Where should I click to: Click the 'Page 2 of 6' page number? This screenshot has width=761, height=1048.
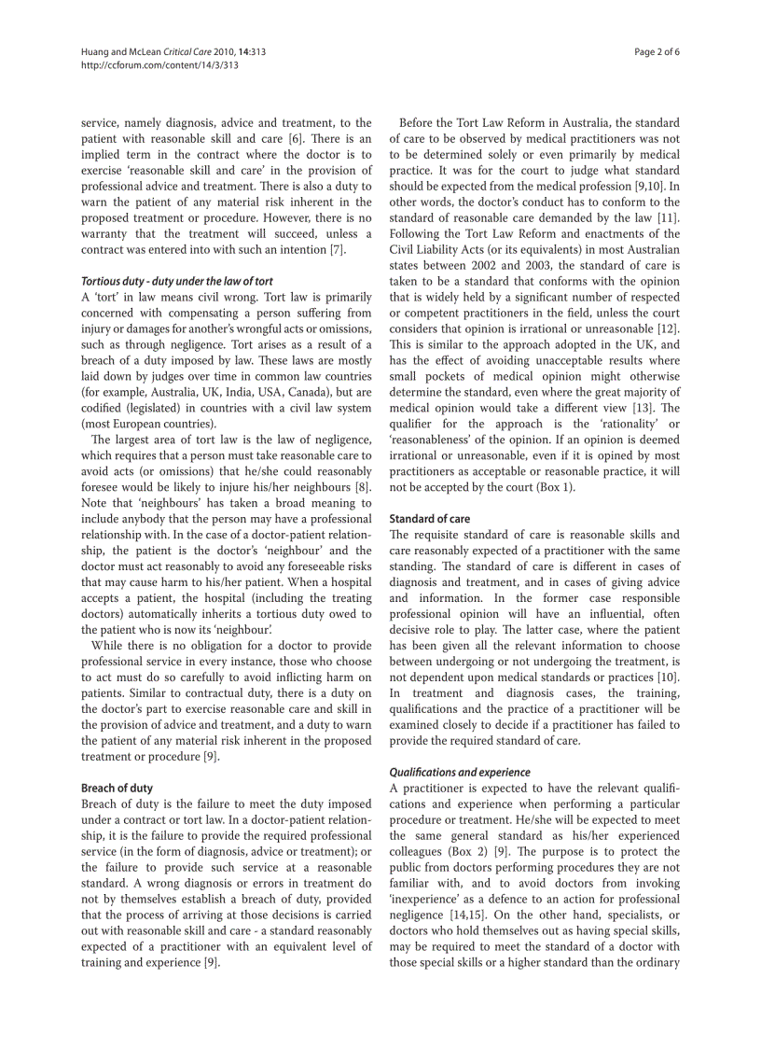(x=657, y=52)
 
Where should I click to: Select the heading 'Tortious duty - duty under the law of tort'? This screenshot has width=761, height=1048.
(x=176, y=281)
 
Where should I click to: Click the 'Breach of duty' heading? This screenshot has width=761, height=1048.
(x=117, y=788)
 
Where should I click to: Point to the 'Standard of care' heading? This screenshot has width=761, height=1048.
(x=429, y=518)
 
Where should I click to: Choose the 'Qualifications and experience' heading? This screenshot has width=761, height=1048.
(x=459, y=772)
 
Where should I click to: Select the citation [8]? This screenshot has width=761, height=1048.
(x=364, y=487)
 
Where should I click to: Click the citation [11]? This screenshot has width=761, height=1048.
(x=668, y=217)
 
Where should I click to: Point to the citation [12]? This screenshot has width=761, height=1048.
(x=668, y=328)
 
